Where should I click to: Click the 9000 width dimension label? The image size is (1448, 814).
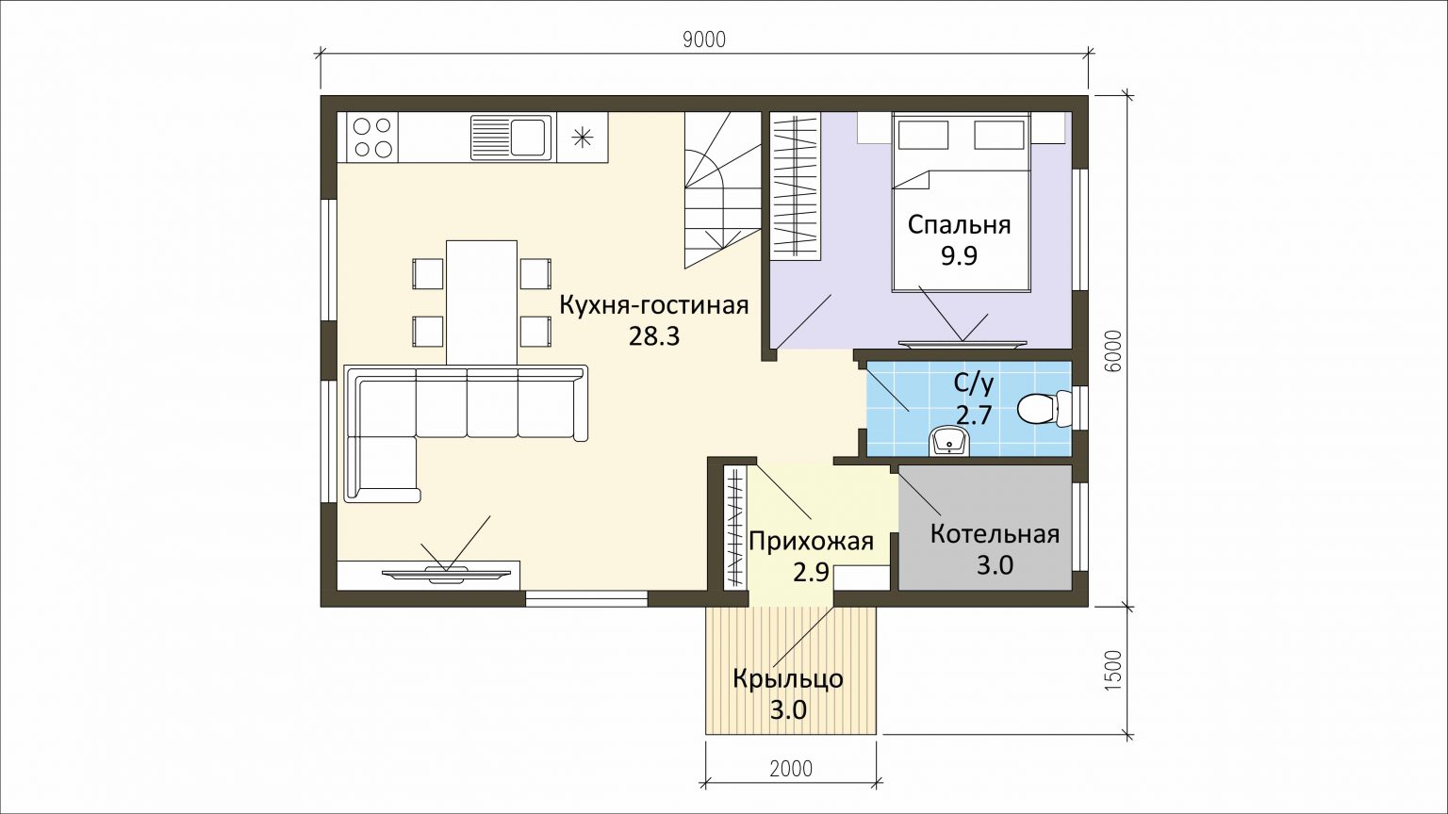704,41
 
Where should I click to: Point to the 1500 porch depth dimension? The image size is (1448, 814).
1112,670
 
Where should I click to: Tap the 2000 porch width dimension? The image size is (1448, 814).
791,769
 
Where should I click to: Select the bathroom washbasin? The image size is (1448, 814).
949,443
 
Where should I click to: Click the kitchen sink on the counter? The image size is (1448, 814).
511,137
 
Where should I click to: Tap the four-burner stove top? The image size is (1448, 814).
373,137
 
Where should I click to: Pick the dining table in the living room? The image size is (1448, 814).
482,302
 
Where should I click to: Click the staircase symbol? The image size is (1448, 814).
723,190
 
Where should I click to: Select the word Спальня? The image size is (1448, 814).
960,225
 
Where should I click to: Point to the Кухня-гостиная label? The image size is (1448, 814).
654,305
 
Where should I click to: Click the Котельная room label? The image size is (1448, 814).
995,534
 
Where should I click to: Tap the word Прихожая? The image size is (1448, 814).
812,541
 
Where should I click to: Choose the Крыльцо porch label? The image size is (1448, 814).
788,679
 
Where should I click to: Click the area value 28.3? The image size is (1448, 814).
654,336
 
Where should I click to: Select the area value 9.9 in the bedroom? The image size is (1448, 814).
960,256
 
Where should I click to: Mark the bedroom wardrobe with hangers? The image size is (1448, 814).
795,186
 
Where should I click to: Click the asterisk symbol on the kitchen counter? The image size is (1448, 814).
583,137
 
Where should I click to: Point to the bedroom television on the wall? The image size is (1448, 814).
962,343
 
